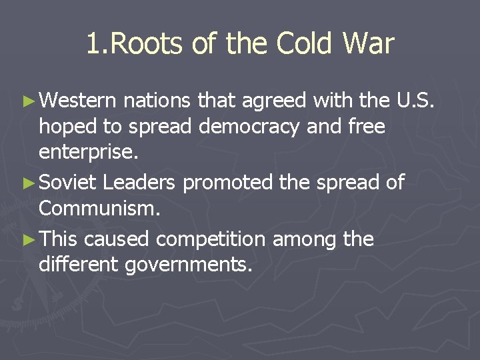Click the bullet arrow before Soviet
[x=29, y=182]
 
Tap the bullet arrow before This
[x=29, y=239]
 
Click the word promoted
[x=228, y=182]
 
